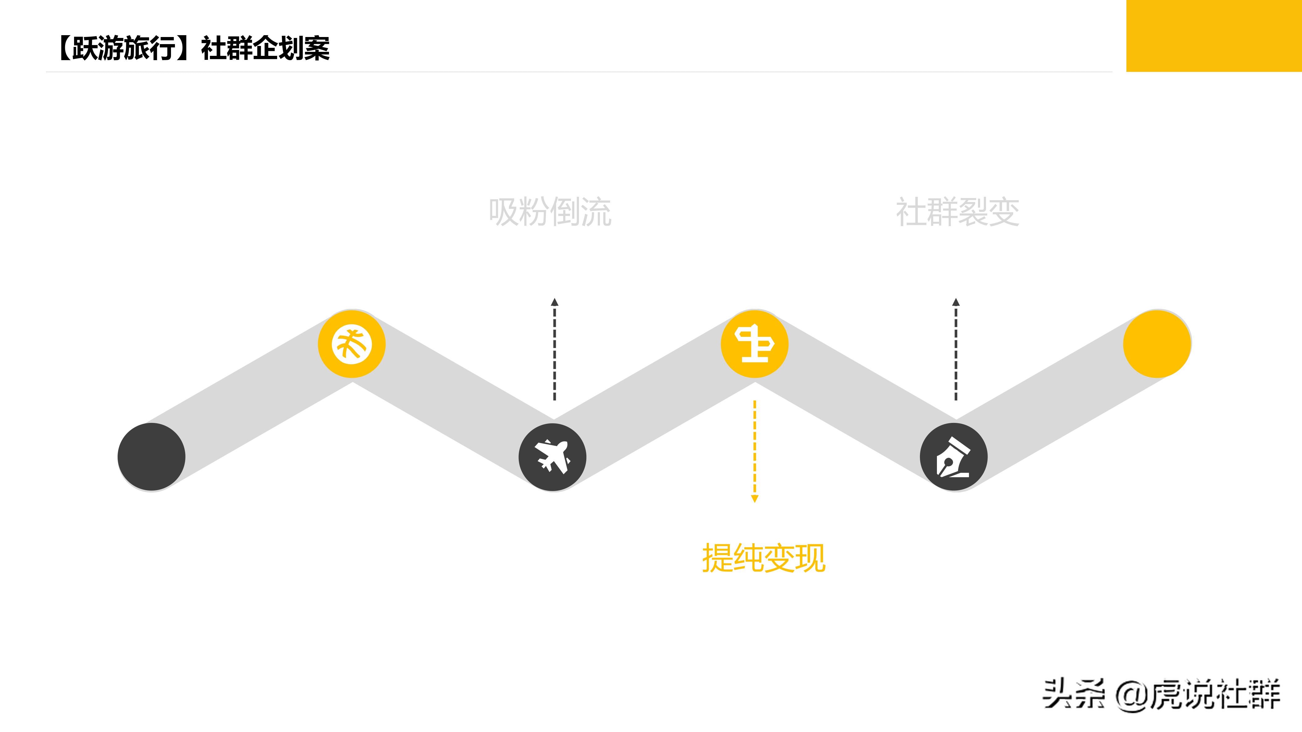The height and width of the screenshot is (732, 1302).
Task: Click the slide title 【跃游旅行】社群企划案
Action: [x=193, y=48]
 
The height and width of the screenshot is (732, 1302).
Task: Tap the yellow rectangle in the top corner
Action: [x=1213, y=35]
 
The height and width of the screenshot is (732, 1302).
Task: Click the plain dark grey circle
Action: [x=151, y=457]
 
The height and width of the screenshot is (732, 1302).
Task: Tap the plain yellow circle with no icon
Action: [x=1157, y=344]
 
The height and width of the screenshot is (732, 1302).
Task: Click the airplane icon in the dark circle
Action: [x=552, y=457]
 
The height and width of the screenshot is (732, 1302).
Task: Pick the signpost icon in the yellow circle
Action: [x=754, y=344]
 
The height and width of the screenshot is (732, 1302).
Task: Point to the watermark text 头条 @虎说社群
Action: [x=1161, y=695]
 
